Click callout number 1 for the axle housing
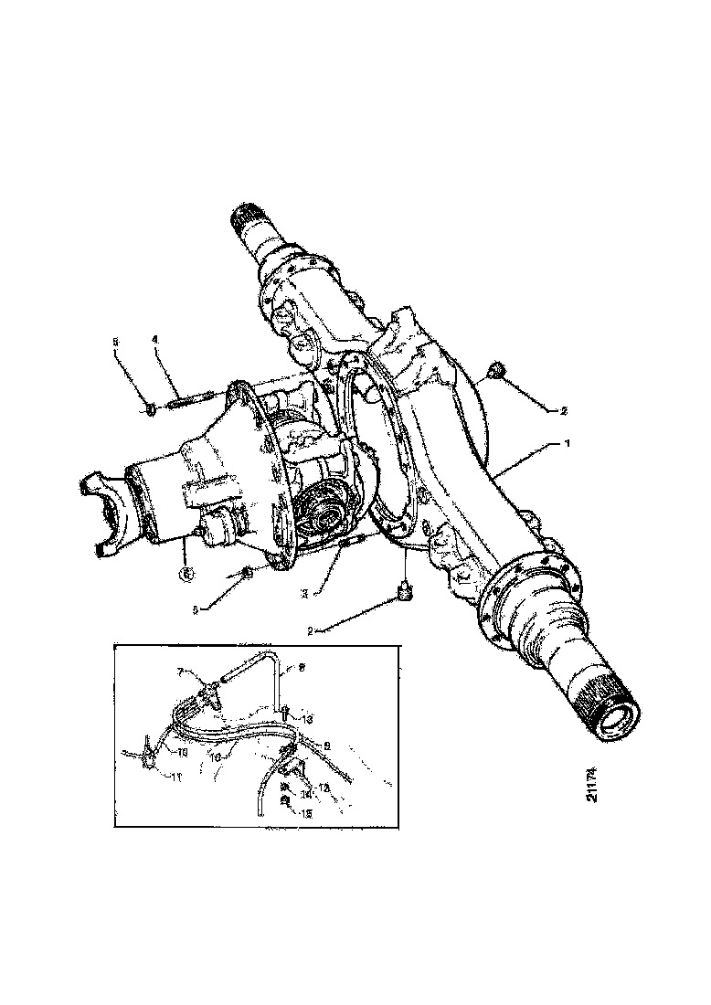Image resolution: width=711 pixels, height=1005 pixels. click(x=568, y=443)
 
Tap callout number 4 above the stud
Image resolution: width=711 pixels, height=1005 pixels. click(x=154, y=340)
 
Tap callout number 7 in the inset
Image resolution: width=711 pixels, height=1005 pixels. click(x=180, y=672)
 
